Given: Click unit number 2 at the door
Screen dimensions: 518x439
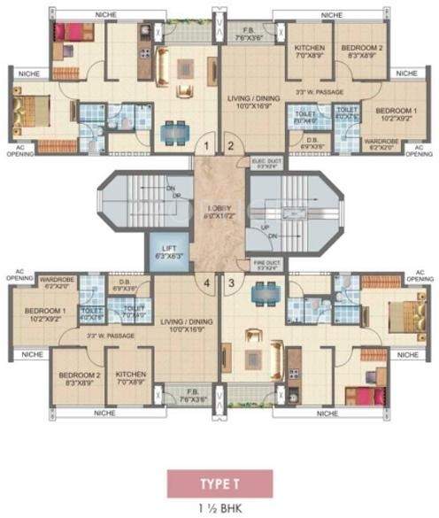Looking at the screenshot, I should coord(229,146).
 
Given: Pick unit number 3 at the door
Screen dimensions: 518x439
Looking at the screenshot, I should coord(233,283).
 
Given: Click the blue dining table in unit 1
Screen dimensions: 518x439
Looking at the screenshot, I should coord(171,130).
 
